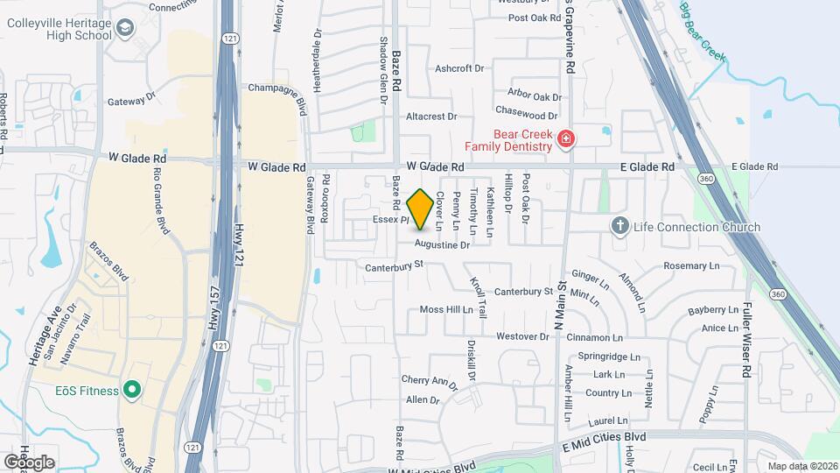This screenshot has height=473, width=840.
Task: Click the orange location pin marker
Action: coord(420,208)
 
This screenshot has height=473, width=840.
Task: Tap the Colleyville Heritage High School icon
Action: coord(128,30)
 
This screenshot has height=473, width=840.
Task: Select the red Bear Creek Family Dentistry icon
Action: coord(566,138)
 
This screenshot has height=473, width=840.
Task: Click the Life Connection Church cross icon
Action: coord(619,227)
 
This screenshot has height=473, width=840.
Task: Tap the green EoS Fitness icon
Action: coord(132,389)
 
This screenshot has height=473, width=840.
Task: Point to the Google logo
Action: coord(28,462)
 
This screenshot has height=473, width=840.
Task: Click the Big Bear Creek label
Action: coord(703,32)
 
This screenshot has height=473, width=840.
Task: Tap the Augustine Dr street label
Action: coord(442,245)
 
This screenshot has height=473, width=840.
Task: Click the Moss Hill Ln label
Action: coord(445,309)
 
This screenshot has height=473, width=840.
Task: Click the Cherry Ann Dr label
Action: coord(430,382)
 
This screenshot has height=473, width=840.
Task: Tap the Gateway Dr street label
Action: coord(131,101)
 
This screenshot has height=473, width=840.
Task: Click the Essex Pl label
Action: coord(390,219)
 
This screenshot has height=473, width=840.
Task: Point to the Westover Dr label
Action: coord(521,336)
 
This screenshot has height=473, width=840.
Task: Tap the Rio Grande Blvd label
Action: coord(160,201)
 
